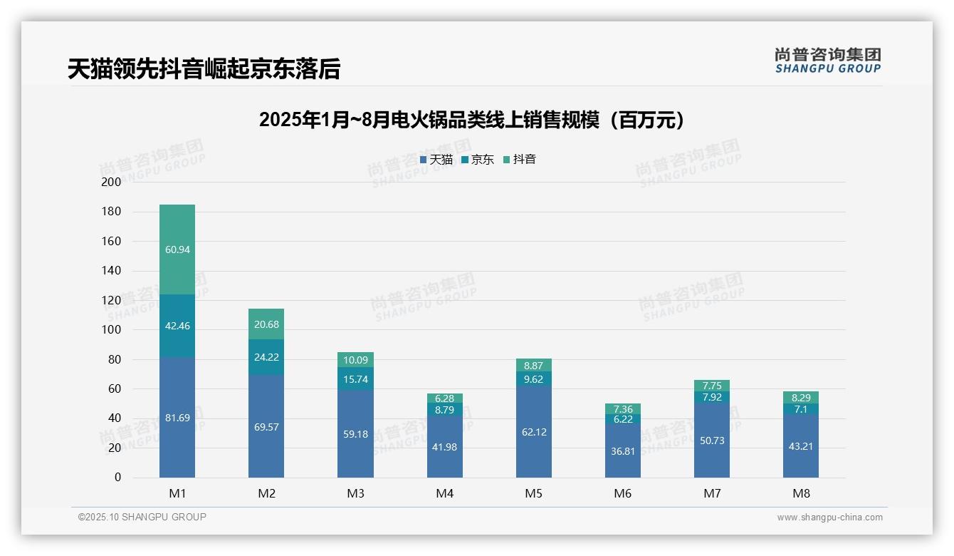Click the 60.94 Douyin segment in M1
pos(177,249)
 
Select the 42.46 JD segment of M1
pos(177,326)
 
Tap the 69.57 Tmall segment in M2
pos(266,426)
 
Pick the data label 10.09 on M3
pos(355,360)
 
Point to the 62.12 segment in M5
pos(533,432)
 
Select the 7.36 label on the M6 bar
pos(622,409)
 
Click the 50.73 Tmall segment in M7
pos(711,441)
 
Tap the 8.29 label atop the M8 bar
pos(800,398)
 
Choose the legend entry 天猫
pos(436,160)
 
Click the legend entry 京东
pos(478,160)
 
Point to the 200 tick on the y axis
pos(112,182)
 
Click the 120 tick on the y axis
pos(112,300)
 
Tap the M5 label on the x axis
pos(533,493)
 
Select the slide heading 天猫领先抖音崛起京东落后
pos(204,68)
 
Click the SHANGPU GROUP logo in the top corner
pos(827,60)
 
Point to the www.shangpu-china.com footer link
pos(829,518)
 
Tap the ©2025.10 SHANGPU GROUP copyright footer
pos(142,517)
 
